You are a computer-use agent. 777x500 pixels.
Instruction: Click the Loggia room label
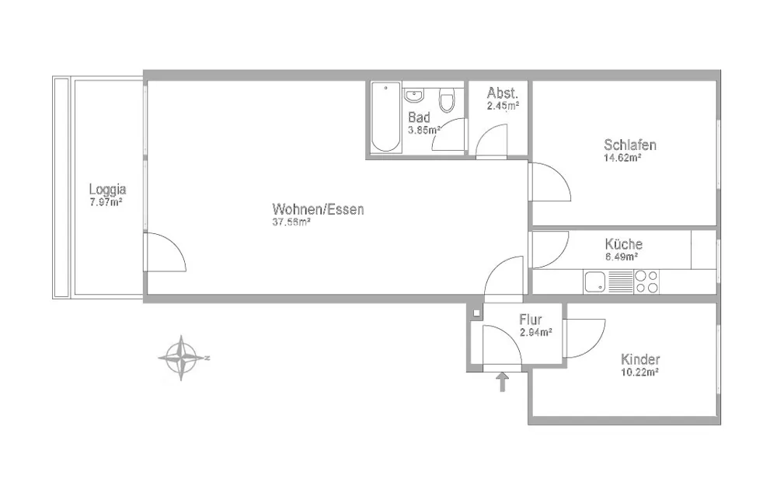click(107, 189)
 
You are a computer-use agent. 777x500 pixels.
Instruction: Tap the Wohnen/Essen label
click(318, 209)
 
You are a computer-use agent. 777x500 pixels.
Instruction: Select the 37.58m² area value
click(291, 222)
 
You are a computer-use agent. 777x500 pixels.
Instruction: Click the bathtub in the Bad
click(386, 117)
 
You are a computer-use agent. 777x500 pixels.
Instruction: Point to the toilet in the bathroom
click(447, 100)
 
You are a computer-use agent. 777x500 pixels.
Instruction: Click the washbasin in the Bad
click(413, 95)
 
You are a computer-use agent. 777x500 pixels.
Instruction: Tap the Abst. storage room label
click(503, 93)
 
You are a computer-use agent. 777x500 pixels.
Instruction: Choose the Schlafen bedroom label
click(630, 145)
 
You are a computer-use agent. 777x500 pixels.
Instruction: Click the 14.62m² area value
click(623, 158)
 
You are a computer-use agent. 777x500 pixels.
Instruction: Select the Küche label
click(623, 244)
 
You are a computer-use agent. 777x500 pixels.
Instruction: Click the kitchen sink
click(594, 281)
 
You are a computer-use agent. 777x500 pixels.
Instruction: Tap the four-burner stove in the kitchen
click(646, 281)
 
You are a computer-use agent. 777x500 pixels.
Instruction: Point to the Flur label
click(531, 320)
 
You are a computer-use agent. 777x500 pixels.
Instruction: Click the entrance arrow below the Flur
click(503, 383)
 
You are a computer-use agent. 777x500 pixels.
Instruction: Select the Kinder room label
click(640, 359)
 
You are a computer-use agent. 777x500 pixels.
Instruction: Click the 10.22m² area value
click(639, 372)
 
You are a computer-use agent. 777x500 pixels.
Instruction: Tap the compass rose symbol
click(182, 358)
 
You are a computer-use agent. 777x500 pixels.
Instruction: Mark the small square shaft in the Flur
click(476, 313)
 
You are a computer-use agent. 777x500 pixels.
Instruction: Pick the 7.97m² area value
click(106, 202)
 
